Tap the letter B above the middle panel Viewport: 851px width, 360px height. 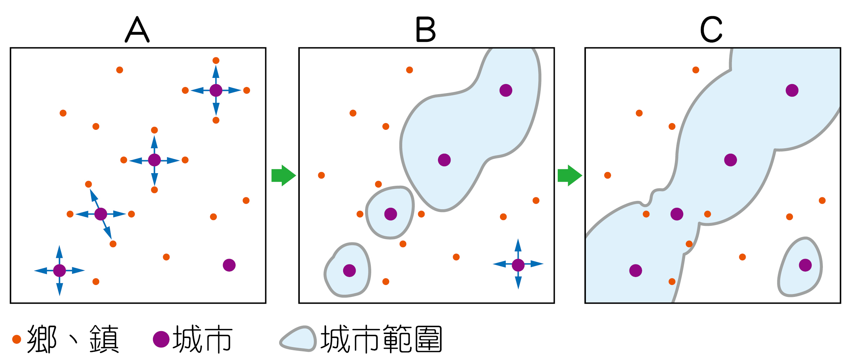pyautogui.click(x=426, y=30)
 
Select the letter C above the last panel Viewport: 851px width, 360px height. pyautogui.click(x=711, y=30)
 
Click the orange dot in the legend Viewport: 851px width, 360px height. pyautogui.click(x=17, y=339)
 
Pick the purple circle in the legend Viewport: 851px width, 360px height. pyautogui.click(x=161, y=339)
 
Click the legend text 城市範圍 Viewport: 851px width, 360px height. pyautogui.click(x=381, y=339)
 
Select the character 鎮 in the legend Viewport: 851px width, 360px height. pyautogui.click(x=104, y=339)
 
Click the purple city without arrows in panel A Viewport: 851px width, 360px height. pyautogui.click(x=229, y=265)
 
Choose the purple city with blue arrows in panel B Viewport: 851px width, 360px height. pyautogui.click(x=518, y=265)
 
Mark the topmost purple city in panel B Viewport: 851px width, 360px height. pyautogui.click(x=506, y=90)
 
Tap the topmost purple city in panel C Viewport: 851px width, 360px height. pyautogui.click(x=792, y=90)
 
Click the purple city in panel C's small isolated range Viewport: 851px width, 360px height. pyautogui.click(x=805, y=265)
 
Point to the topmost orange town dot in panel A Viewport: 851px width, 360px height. pyautogui.click(x=216, y=61)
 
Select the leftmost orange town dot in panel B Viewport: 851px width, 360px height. pyautogui.click(x=321, y=175)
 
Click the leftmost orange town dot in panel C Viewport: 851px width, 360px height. pyautogui.click(x=607, y=175)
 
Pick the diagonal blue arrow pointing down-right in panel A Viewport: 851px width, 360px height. pyautogui.click(x=108, y=231)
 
